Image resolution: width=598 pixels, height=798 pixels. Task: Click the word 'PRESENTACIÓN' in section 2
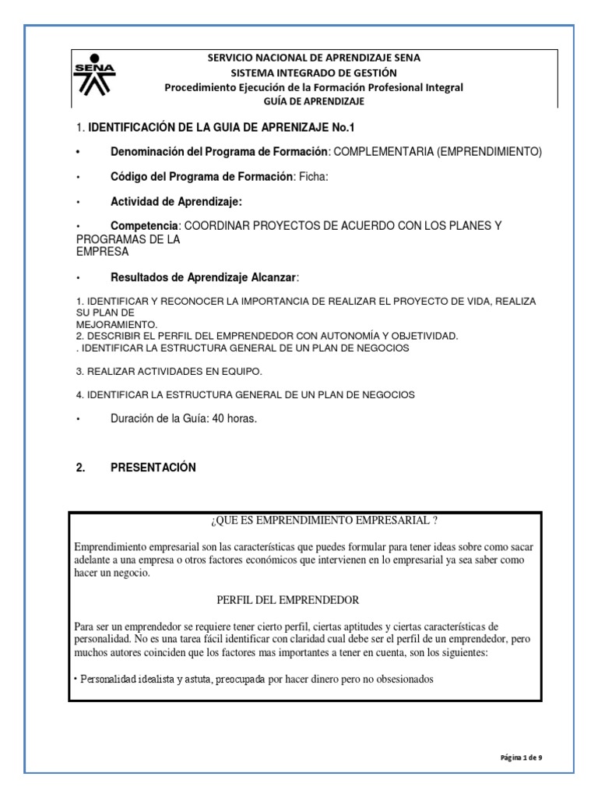coord(153,468)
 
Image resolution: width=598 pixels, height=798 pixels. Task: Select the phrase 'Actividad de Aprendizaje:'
coord(177,202)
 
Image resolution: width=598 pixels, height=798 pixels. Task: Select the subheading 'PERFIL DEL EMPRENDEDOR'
coord(287,600)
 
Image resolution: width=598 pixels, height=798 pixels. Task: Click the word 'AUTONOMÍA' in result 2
coord(335,335)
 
